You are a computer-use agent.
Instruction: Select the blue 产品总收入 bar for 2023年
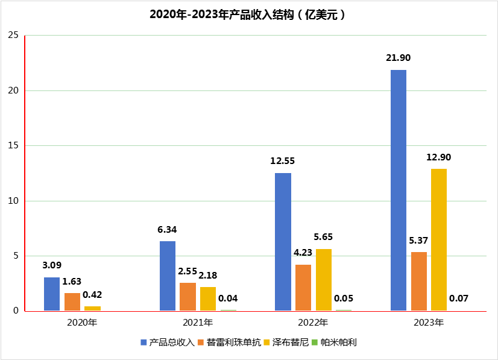tap(399, 190)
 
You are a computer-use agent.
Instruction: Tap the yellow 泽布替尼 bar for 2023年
tap(439, 239)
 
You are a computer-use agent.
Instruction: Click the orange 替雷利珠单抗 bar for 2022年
tap(303, 288)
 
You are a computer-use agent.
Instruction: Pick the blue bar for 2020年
tap(52, 294)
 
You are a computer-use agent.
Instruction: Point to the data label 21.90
tap(399, 57)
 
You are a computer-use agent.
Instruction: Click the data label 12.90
tap(439, 157)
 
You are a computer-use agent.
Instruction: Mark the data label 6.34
tap(168, 229)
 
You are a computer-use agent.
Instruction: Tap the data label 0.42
tap(92, 295)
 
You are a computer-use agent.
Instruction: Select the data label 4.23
tap(303, 253)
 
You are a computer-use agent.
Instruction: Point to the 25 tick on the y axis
tap(13, 36)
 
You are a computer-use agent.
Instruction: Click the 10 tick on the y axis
tap(13, 201)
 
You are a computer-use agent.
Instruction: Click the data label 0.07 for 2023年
tap(459, 298)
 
